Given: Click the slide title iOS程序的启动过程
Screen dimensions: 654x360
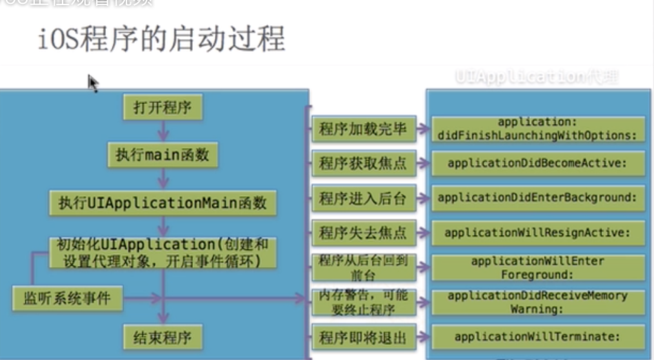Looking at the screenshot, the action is (161, 40).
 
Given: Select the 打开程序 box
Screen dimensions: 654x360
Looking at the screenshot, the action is (163, 108).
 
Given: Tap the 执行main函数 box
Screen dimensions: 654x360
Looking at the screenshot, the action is (163, 155).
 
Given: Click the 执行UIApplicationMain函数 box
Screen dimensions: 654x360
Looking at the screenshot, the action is (163, 203).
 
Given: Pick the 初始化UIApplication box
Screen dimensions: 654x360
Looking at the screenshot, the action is (163, 253).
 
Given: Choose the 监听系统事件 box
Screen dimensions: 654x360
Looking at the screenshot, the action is (67, 299).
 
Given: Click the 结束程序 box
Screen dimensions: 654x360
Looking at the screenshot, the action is (163, 337).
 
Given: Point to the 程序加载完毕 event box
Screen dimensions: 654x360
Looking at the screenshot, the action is (362, 129).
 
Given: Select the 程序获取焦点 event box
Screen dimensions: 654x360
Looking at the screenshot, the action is (362, 164).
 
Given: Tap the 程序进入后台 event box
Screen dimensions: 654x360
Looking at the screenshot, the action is (362, 198).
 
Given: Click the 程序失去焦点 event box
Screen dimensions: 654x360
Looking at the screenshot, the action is (362, 232).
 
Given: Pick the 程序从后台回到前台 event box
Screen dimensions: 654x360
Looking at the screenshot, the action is (362, 267).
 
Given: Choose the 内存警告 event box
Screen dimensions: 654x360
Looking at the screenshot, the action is (362, 302).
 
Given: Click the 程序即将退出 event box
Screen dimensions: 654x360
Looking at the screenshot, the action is (362, 336).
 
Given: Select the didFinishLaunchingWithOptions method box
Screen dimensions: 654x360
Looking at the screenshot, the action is (537, 128).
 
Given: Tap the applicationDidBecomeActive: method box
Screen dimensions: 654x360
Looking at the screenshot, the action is (537, 164).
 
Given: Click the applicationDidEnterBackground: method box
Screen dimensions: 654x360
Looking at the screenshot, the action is (537, 198).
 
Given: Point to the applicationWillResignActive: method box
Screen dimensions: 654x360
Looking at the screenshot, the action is (537, 232).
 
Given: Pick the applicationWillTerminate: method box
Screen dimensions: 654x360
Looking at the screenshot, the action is (537, 336).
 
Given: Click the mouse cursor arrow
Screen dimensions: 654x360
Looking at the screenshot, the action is (93, 83).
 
